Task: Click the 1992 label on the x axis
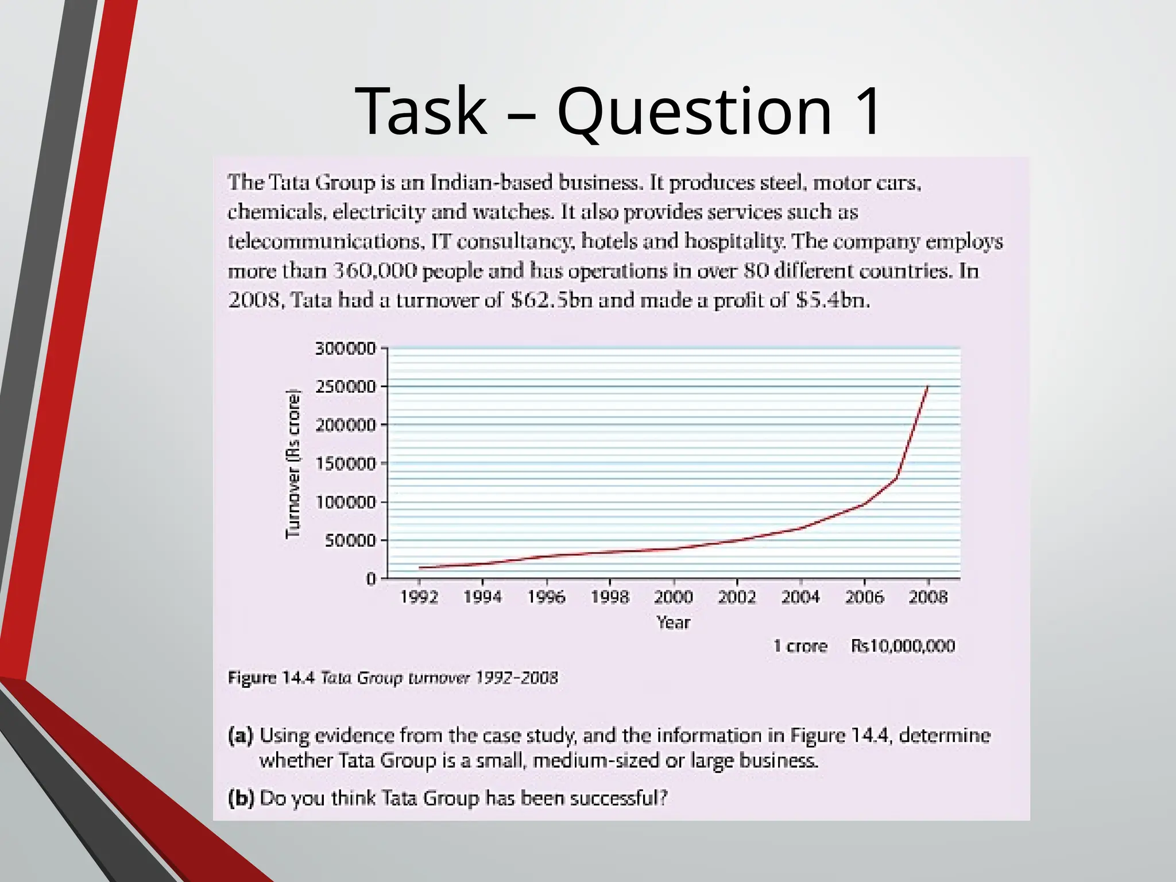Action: [419, 598]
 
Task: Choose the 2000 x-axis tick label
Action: [673, 598]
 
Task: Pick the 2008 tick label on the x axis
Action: [927, 598]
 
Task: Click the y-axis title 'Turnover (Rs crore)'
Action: [293, 464]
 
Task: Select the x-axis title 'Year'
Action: [673, 622]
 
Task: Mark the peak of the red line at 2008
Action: [927, 387]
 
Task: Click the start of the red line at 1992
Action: [420, 567]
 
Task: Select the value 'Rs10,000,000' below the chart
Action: [903, 646]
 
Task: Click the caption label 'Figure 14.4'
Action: [272, 678]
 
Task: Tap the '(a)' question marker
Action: [241, 736]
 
